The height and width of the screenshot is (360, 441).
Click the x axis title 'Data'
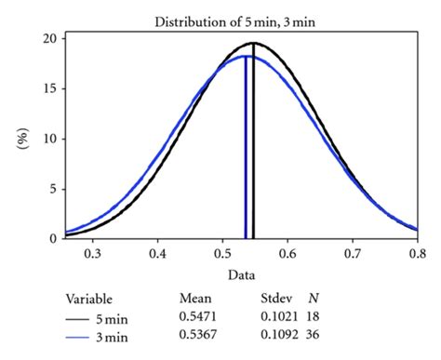tap(241, 275)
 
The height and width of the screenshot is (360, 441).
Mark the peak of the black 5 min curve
tap(253, 43)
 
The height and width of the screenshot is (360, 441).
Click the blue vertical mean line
tap(246, 149)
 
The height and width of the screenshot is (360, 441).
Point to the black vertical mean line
tap(253, 149)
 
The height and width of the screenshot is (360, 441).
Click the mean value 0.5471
tap(198, 317)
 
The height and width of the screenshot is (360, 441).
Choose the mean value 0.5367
tap(198, 335)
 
